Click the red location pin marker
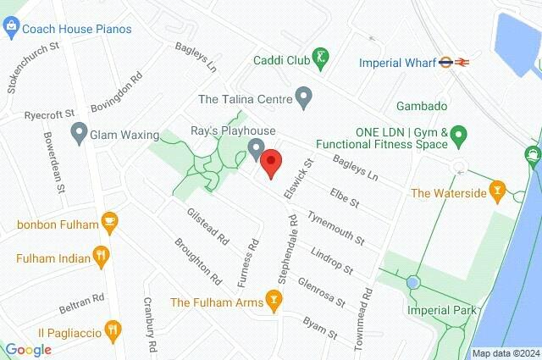271,163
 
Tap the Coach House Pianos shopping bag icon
10,29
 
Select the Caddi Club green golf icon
321,59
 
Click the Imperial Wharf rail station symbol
462,62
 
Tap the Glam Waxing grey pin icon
79,133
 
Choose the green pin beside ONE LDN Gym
458,135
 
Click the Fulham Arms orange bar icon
273,300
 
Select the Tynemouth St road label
335,226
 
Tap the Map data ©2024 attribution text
506,353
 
